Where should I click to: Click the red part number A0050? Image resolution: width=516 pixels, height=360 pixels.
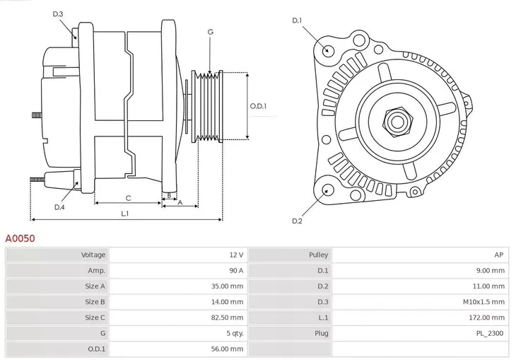(20, 239)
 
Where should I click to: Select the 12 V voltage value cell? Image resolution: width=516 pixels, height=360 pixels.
(235, 255)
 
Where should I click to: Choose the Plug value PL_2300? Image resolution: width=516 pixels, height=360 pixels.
(490, 333)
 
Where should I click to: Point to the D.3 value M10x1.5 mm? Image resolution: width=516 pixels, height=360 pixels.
(484, 302)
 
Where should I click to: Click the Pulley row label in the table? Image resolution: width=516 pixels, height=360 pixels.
(318, 255)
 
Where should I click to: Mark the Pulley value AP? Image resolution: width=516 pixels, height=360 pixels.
(499, 255)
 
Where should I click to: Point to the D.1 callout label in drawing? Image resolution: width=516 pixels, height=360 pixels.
(297, 21)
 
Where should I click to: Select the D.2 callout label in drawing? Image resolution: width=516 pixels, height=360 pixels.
(297, 221)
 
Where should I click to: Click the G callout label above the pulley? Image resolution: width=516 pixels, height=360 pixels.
(210, 33)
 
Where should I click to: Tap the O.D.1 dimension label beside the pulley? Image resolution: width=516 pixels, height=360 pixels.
(259, 106)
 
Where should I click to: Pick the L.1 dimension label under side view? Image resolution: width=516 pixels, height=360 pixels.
(124, 213)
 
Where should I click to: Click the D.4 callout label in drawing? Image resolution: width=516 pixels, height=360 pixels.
(59, 207)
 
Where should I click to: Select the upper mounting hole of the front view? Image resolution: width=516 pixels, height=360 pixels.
(327, 50)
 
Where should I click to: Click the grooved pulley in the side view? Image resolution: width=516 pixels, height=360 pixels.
(207, 106)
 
